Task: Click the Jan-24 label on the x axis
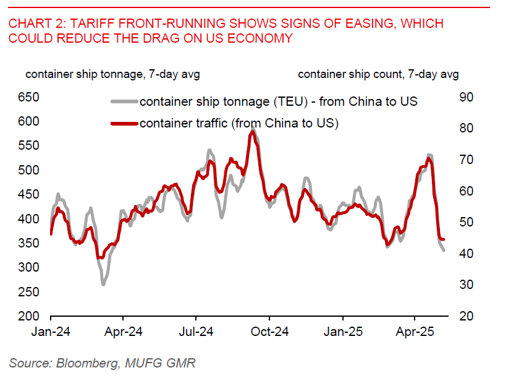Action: point(51,332)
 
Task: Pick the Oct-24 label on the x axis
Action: point(270,332)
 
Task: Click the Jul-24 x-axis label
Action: point(196,332)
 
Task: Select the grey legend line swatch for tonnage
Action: point(124,101)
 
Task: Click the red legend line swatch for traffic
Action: point(124,123)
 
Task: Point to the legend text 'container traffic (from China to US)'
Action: point(239,123)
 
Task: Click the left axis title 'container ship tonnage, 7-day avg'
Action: point(112,74)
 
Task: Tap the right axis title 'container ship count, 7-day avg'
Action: point(378,74)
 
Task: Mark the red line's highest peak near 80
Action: point(252,131)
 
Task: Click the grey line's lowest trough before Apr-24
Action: point(103,284)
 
